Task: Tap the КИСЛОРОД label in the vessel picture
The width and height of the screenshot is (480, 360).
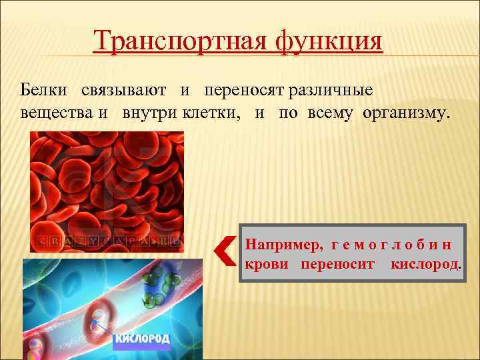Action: pos(143,339)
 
